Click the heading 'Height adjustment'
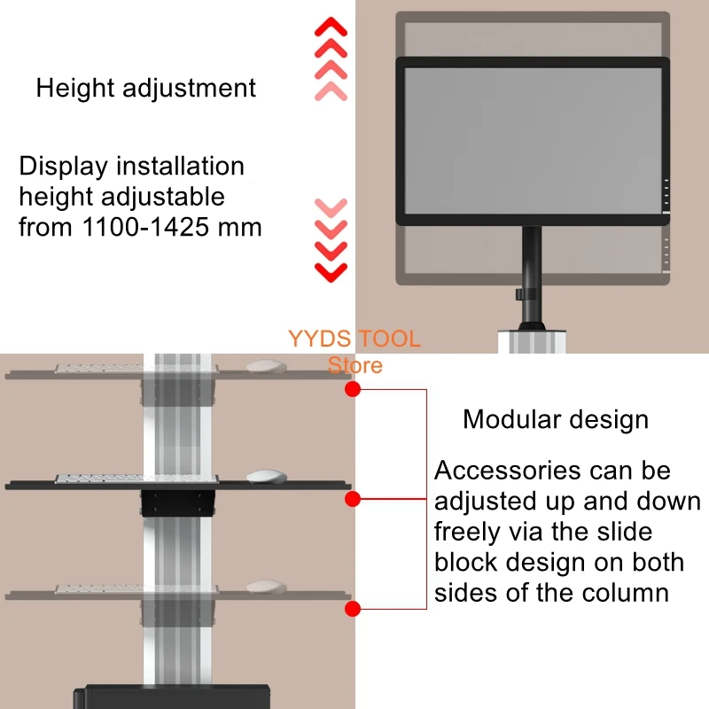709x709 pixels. (x=145, y=89)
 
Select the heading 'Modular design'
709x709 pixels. (x=556, y=419)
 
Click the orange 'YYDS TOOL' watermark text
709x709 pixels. (x=354, y=339)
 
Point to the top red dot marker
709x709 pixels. (x=352, y=389)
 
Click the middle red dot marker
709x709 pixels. (x=352, y=500)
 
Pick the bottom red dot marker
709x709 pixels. (x=352, y=609)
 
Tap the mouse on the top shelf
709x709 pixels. (x=265, y=366)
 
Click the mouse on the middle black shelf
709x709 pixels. (x=265, y=476)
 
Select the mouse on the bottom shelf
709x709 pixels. (x=265, y=587)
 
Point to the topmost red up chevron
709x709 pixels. (x=331, y=27)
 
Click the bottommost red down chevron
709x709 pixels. (x=331, y=270)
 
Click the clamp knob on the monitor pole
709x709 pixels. (x=519, y=294)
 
